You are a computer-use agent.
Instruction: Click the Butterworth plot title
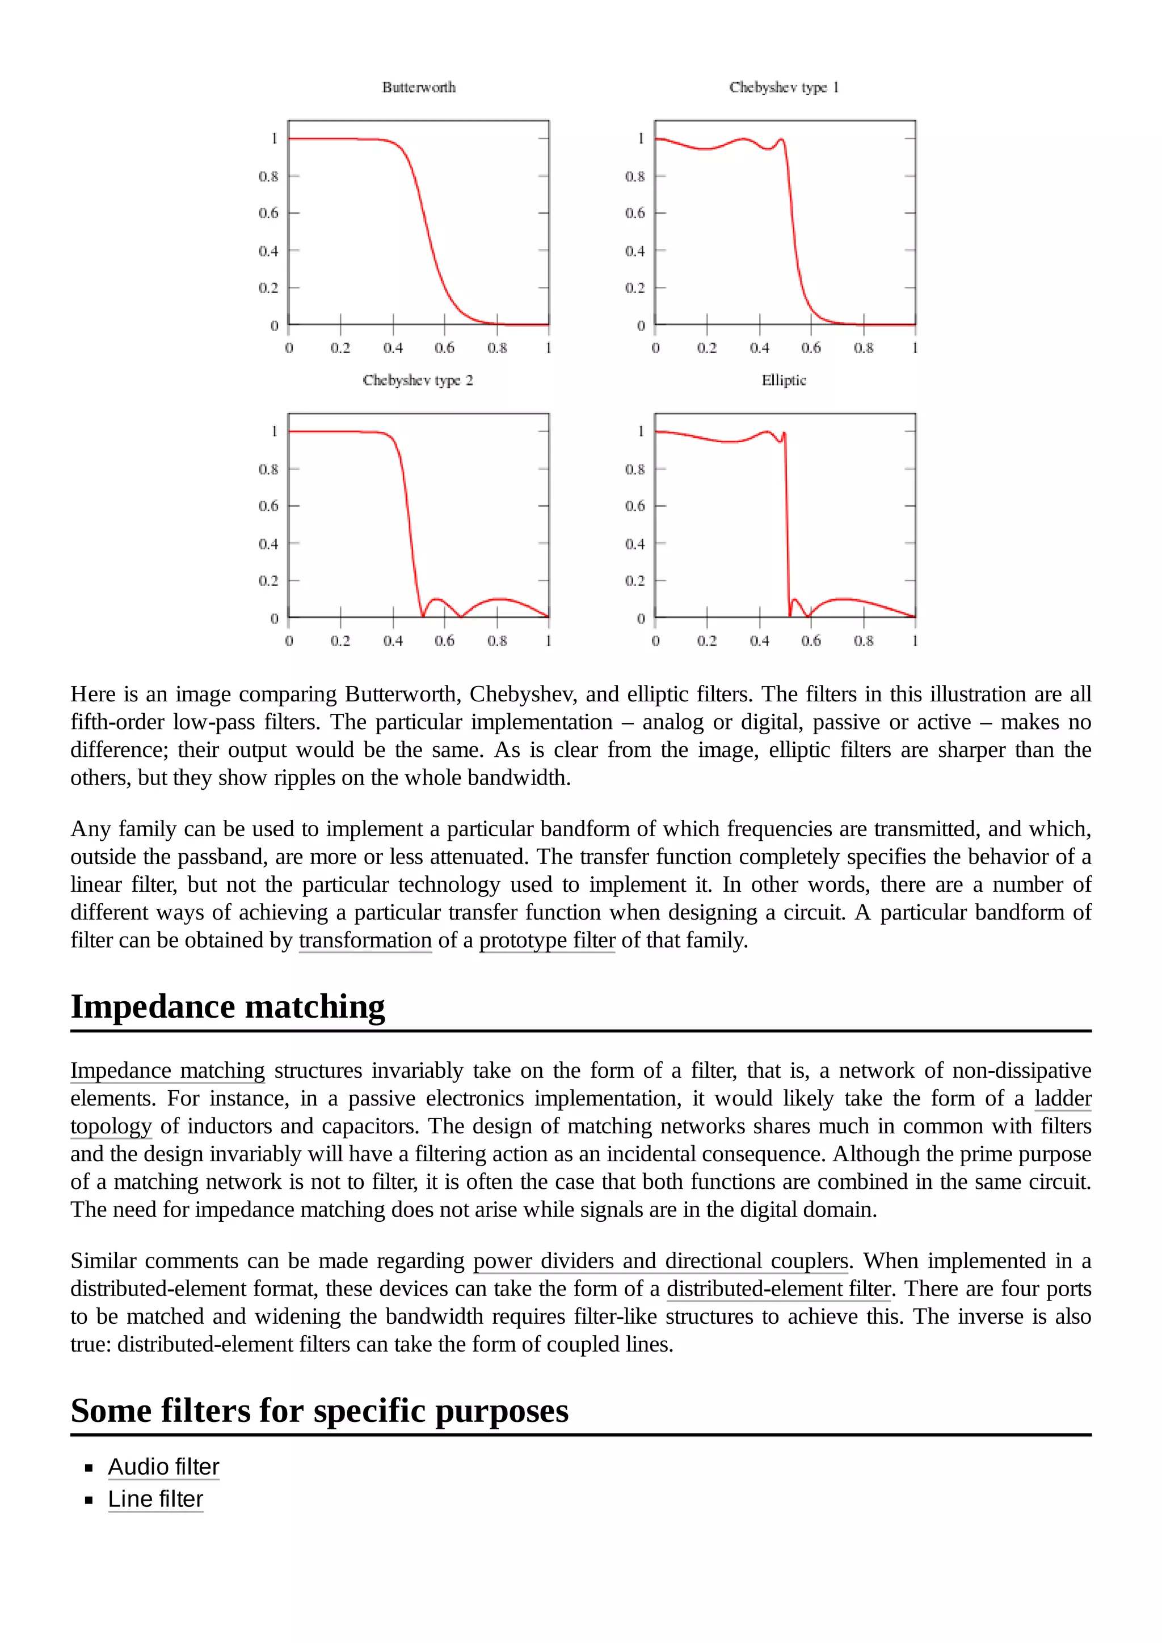pos(418,87)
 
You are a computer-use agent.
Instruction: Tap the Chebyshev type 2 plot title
pos(418,380)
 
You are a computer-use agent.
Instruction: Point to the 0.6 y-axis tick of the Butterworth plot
pos(268,213)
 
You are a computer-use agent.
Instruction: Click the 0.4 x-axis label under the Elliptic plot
pos(759,641)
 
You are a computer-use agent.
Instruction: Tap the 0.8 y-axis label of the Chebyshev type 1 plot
pos(634,176)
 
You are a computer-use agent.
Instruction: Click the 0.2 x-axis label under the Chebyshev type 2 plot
pos(340,641)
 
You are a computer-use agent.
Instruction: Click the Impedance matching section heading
pos(228,1006)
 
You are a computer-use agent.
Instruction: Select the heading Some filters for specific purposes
pos(319,1410)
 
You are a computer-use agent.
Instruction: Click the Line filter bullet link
pos(155,1498)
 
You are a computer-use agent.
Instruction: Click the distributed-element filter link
pos(778,1288)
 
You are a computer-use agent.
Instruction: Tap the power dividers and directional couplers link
pos(660,1260)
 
